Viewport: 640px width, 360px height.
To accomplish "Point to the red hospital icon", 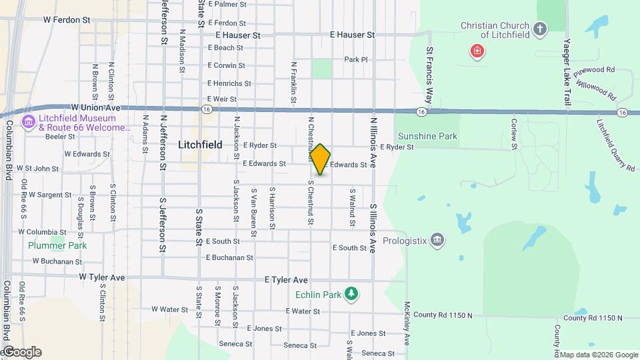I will click(477, 51).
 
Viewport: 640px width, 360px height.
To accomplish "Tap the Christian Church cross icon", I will click(540, 29).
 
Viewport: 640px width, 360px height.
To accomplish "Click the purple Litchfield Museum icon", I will click(29, 123).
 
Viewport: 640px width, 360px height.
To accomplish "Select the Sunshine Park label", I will click(427, 136).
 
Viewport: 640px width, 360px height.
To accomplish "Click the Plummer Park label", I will click(57, 245).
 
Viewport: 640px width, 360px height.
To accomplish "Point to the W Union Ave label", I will click(95, 107).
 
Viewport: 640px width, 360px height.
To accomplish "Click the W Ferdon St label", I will click(67, 20).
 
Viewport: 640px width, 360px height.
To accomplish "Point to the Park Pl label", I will click(356, 59).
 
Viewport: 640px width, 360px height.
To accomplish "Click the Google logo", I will click(21, 352).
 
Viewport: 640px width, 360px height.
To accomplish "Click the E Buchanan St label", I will click(229, 257).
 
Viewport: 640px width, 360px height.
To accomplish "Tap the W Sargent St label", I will click(49, 195).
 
